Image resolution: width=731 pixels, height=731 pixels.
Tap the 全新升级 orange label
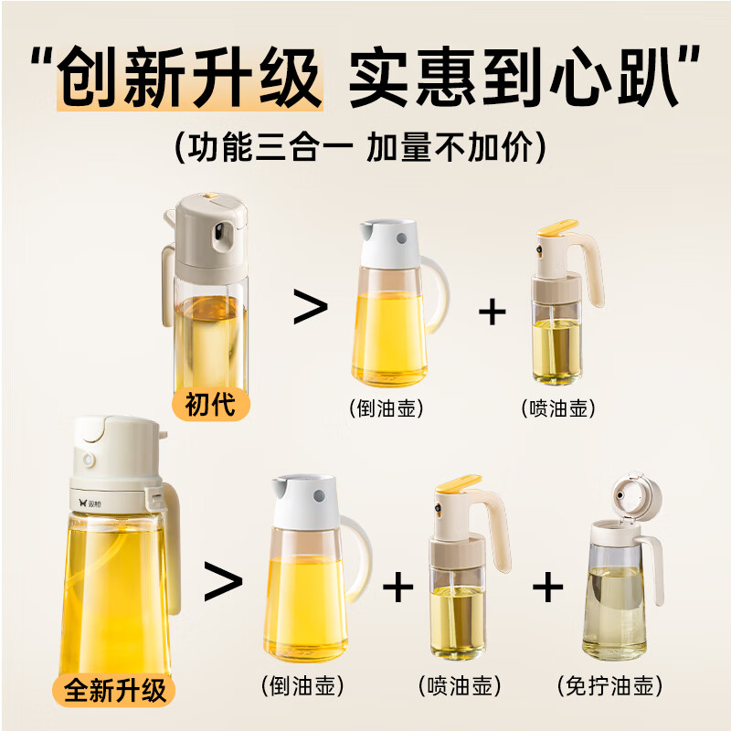(115, 689)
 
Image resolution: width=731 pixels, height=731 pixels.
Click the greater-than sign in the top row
(310, 309)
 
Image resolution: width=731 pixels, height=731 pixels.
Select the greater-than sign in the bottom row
(222, 583)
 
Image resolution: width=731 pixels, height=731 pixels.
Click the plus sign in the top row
(493, 311)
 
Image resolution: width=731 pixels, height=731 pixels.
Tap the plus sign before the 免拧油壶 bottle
(547, 587)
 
